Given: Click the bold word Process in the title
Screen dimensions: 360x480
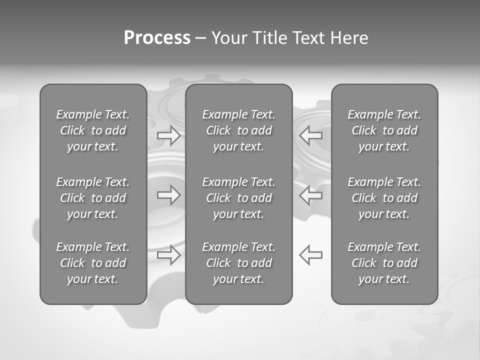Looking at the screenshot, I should pos(157,38).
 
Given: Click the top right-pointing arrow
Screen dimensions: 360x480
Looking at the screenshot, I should pos(168,135).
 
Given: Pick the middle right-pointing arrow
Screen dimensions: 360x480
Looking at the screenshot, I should pos(168,194).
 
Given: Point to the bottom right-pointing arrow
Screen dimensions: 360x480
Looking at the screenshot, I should pos(168,254).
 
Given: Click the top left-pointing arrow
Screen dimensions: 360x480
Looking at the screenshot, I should pos(311,135).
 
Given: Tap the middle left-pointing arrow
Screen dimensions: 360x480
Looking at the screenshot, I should pos(311,194).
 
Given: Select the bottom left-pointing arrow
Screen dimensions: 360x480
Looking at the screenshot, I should pos(311,254).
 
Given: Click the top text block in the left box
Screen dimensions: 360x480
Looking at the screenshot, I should pos(93,130).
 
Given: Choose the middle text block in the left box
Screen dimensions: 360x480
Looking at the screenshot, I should pos(93,198).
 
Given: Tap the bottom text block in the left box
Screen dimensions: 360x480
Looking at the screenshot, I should pos(93,263).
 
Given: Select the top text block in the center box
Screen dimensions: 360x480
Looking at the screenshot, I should pos(238,130).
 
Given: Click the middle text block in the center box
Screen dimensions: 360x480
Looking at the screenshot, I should pos(238,198).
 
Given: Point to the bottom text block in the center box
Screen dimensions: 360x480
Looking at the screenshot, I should pos(238,263).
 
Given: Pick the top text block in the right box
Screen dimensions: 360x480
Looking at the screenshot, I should pos(384,130).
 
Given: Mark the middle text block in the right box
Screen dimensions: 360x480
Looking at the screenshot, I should pos(384,198).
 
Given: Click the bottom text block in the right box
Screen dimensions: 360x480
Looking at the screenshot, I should pos(384,263).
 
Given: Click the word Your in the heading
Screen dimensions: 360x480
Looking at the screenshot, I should pos(228,38).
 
